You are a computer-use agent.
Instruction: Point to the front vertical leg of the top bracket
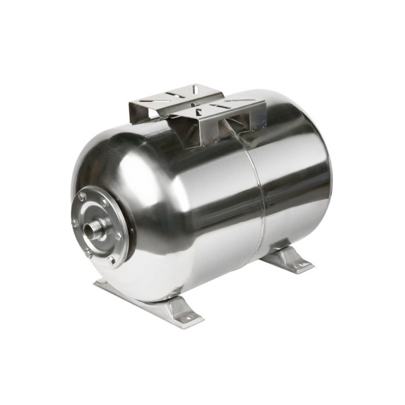click(193, 132)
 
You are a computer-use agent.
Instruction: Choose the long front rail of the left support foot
click(135, 297)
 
